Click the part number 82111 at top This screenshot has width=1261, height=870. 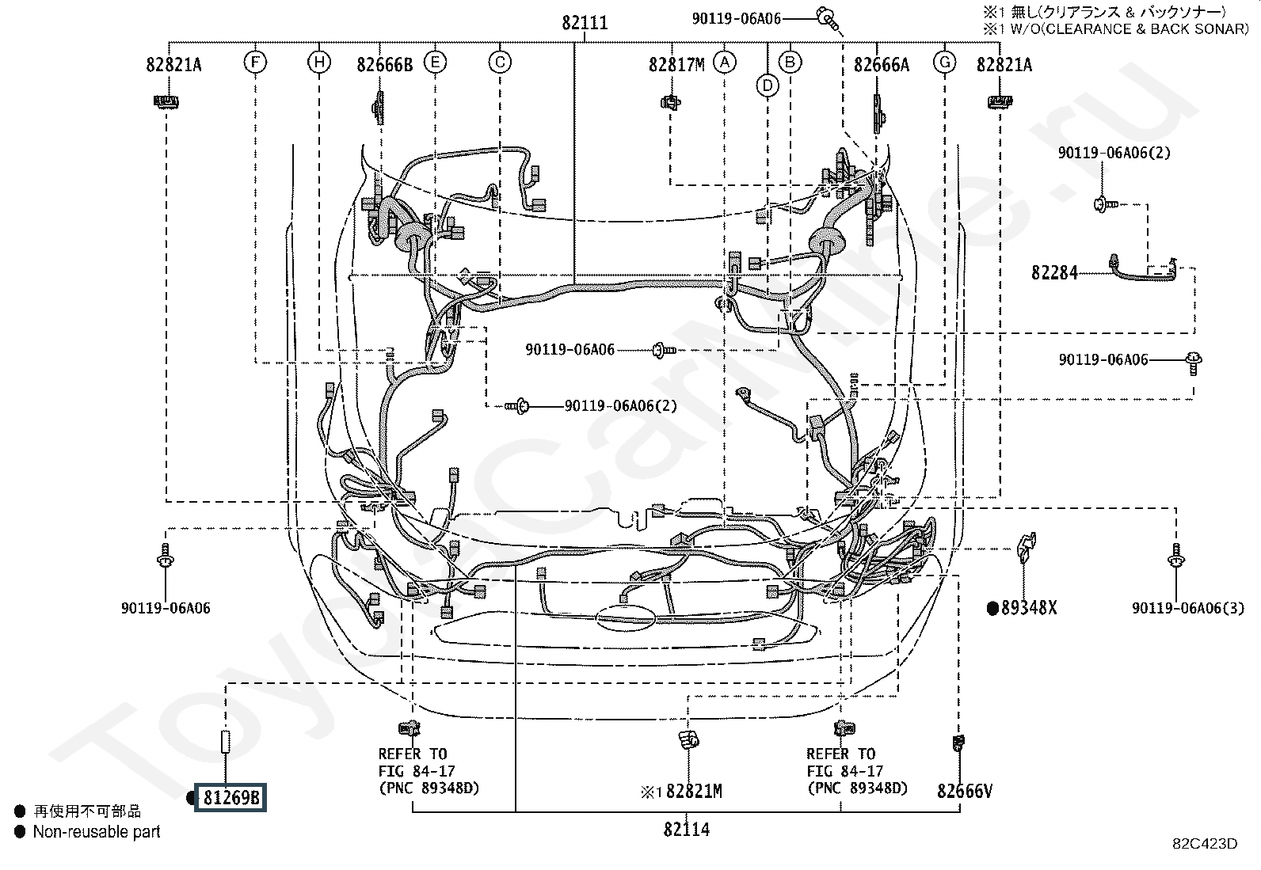coord(585,23)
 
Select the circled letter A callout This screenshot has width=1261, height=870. coord(725,62)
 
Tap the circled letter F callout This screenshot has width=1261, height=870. coord(255,61)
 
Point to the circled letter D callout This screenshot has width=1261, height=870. coord(768,85)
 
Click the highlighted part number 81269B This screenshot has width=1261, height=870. coord(230,797)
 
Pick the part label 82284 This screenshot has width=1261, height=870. coord(1053,273)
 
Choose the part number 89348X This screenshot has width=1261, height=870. coord(1028,608)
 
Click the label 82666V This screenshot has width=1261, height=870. coord(964,791)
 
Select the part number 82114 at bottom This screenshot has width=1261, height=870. coord(686,830)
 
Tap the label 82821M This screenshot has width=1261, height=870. coord(694,792)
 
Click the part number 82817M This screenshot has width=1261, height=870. coord(676,65)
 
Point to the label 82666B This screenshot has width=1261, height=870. coord(384,65)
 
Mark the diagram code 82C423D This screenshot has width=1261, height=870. coord(1205,844)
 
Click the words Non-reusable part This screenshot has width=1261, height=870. coord(97,832)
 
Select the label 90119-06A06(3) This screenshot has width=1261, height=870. coord(1188,608)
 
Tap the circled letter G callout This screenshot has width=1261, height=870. coord(945,62)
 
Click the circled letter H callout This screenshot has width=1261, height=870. coord(319,61)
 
